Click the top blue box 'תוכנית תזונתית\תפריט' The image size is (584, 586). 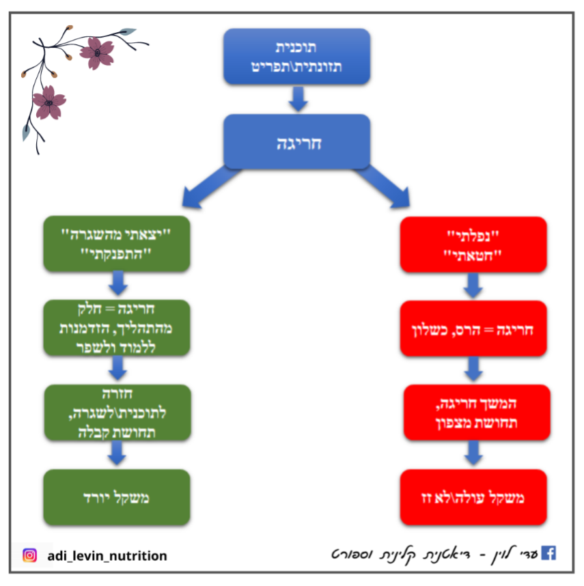tap(296, 56)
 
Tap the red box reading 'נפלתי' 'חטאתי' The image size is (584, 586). tap(473, 245)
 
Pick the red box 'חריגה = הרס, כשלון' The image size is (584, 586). tap(473, 329)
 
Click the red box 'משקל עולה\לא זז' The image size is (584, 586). tap(473, 497)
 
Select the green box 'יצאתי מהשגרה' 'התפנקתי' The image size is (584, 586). tap(117, 245)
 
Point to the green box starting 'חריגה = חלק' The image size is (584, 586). tap(117, 329)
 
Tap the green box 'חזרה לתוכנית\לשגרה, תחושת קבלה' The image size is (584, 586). tap(117, 413)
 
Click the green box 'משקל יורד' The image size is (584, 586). tap(117, 497)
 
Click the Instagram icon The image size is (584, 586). tap(29, 555)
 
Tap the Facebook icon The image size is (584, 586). tap(548, 553)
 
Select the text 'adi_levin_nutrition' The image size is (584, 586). tap(107, 556)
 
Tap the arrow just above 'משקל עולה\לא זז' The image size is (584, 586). tap(474, 453)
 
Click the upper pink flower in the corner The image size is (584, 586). tap(97, 51)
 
